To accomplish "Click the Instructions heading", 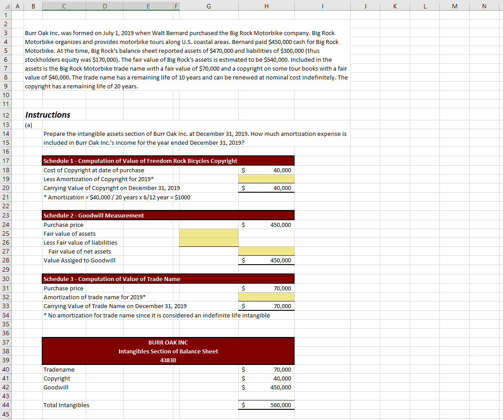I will (48, 115).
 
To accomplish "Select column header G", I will (208, 6).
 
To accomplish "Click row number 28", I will (6, 261).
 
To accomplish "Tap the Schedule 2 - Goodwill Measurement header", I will (94, 215).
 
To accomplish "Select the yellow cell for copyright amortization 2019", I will (266, 179).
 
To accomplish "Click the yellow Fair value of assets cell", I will (208, 234).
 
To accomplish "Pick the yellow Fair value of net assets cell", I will (266, 251).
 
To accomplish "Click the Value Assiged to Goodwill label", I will (80, 261).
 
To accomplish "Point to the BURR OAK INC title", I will (168, 343).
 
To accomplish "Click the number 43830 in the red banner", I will (168, 360).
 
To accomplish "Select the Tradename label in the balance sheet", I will (59, 370).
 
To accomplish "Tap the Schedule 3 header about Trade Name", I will (112, 279).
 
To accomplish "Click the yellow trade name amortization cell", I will (266, 297).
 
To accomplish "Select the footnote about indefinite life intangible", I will (156, 315).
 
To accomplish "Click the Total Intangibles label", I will (66, 405).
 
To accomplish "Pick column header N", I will (484, 6).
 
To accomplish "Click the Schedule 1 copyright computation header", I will (140, 161).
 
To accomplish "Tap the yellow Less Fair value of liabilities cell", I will (208, 242).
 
